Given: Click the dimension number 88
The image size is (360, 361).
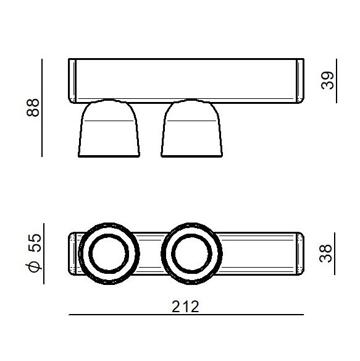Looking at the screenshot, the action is click(x=33, y=108).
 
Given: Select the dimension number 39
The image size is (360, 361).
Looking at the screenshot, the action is click(x=327, y=80).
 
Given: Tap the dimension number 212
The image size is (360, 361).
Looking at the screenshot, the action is click(x=185, y=307).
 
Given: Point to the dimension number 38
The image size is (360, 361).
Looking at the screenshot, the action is click(x=325, y=253).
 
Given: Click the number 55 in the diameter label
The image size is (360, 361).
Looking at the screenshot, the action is click(x=35, y=243).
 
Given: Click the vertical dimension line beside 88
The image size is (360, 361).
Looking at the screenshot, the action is click(x=42, y=108).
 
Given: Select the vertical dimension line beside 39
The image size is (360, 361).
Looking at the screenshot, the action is click(x=337, y=81).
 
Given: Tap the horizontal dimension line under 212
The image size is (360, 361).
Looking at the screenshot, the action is click(x=186, y=315).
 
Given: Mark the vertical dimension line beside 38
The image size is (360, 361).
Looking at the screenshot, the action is click(x=335, y=253).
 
